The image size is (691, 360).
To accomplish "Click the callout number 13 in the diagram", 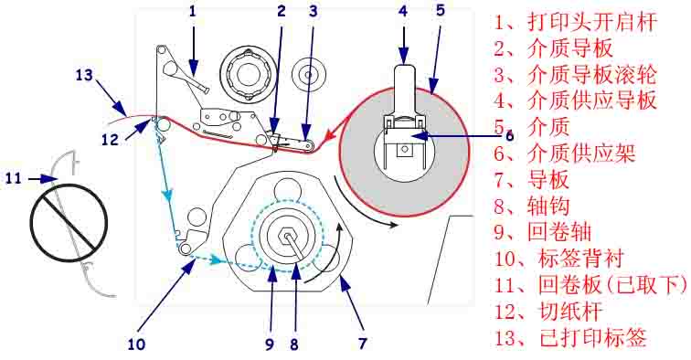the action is tap(84, 75).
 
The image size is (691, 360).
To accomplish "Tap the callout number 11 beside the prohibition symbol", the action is tap(14, 178).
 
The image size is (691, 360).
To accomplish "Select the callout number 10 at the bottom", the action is tap(136, 344).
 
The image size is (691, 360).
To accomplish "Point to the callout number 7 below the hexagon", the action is tap(363, 344).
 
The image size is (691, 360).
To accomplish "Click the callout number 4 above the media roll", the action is tap(403, 11).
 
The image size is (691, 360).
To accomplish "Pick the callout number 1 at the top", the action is tap(193, 11).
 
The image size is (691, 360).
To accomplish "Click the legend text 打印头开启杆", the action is tap(592, 22).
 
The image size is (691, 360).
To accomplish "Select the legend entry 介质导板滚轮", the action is tap(592, 75).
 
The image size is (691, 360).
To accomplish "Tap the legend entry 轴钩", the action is tap(548, 206).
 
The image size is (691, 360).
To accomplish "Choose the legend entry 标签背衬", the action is tap(580, 259).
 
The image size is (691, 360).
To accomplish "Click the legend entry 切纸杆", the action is tap(570, 312).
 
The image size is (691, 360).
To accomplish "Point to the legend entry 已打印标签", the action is tap(592, 338).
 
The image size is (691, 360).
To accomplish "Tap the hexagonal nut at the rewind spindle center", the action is tap(286, 235).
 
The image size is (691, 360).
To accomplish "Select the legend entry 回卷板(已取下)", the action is tap(612, 285).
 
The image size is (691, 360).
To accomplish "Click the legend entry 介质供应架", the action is tap(581, 154).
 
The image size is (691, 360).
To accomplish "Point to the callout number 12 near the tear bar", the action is tap(111, 139).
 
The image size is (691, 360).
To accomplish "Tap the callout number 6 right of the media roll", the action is tap(509, 135).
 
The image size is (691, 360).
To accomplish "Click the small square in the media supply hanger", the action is tap(404, 150).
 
